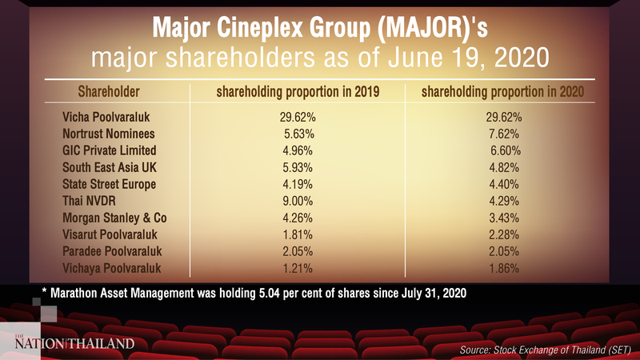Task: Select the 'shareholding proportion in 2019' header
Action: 298,92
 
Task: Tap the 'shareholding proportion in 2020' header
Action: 502,92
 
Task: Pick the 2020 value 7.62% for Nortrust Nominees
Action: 504,134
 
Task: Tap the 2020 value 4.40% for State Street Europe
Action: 504,185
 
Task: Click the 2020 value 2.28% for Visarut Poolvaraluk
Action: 504,235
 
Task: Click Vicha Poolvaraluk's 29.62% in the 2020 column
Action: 504,118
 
